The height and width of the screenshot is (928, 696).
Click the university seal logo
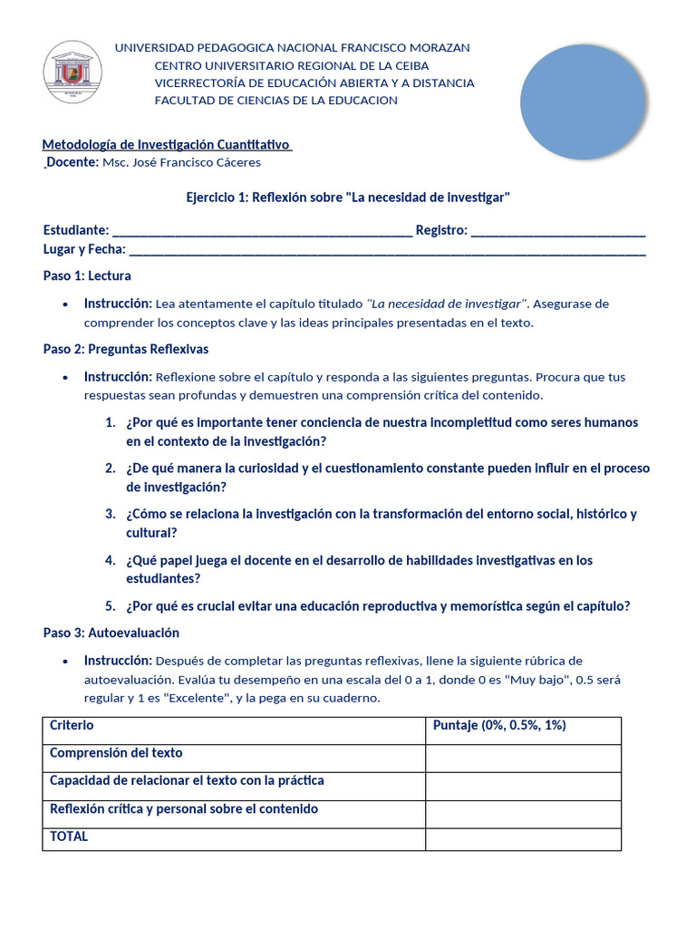tap(72, 72)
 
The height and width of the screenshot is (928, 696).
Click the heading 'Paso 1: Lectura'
tap(87, 275)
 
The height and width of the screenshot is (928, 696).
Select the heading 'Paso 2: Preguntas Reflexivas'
tap(126, 349)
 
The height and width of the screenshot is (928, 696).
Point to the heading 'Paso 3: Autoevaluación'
tap(111, 633)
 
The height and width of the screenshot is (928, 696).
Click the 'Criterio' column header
tap(72, 726)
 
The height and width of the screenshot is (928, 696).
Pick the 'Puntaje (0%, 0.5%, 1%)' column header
tap(499, 726)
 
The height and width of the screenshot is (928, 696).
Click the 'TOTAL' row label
tap(69, 836)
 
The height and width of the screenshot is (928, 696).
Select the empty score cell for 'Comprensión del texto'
tap(523, 759)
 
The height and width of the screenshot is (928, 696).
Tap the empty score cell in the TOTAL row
tap(523, 839)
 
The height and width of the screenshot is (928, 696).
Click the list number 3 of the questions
tap(110, 514)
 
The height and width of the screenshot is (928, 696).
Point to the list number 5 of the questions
tap(110, 606)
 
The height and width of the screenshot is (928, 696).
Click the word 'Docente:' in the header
tap(72, 162)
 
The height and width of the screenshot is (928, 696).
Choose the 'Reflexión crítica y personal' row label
tap(184, 809)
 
